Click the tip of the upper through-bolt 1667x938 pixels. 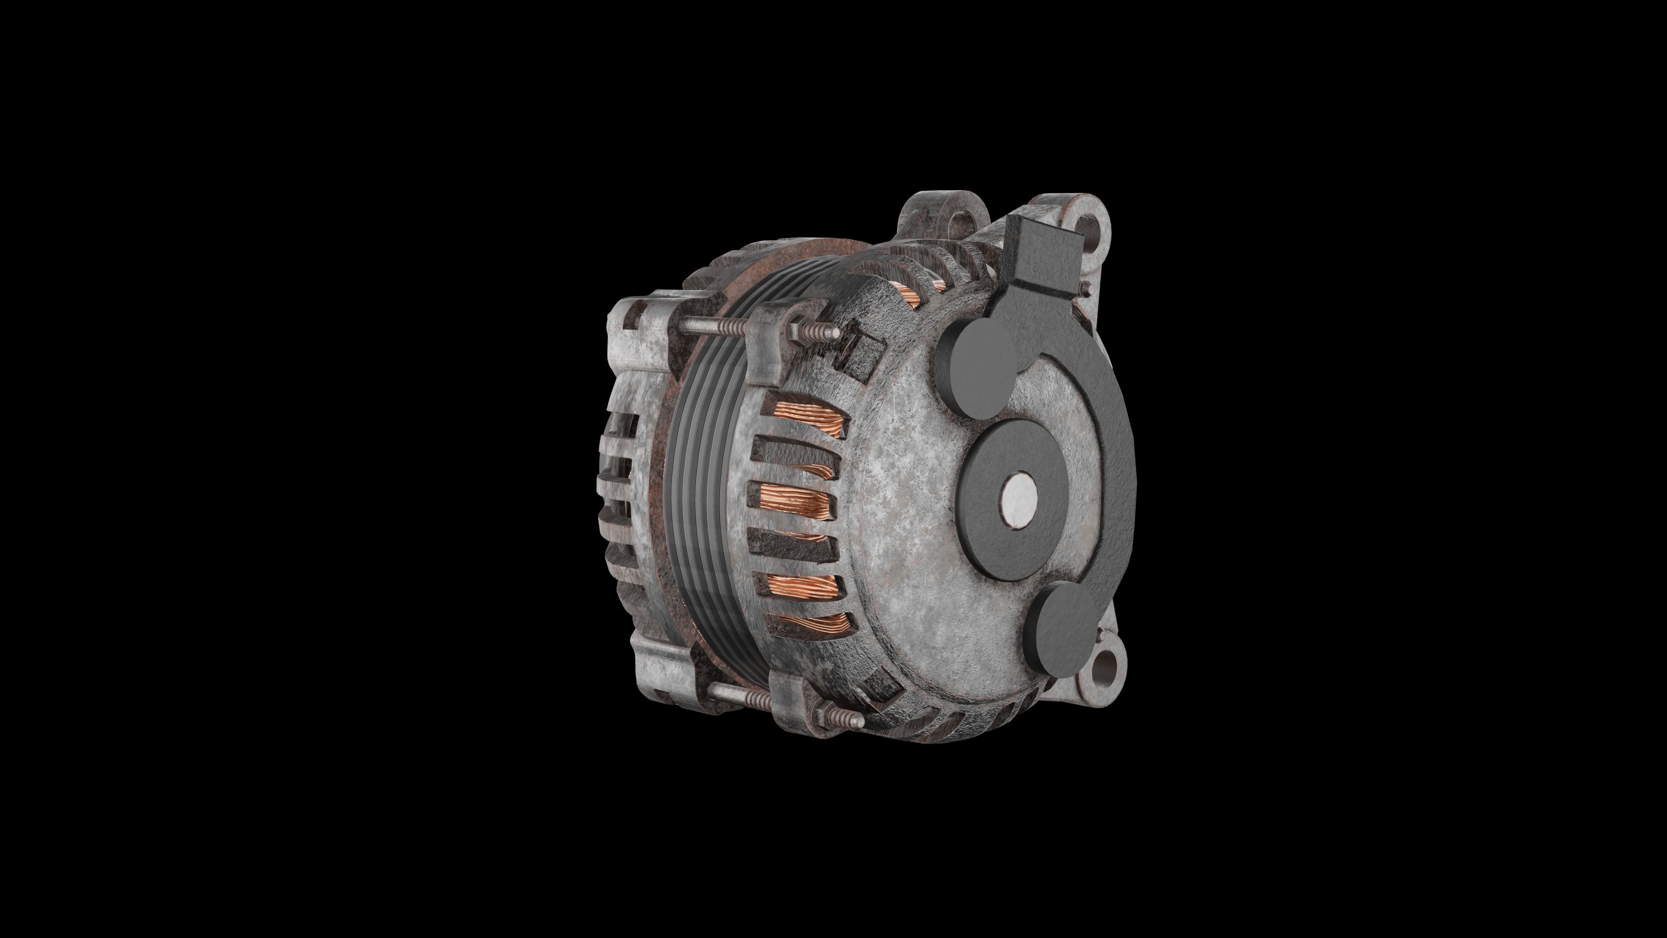pos(837,333)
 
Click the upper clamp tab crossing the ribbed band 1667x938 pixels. pos(767,343)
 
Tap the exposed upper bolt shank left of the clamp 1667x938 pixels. pos(705,327)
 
